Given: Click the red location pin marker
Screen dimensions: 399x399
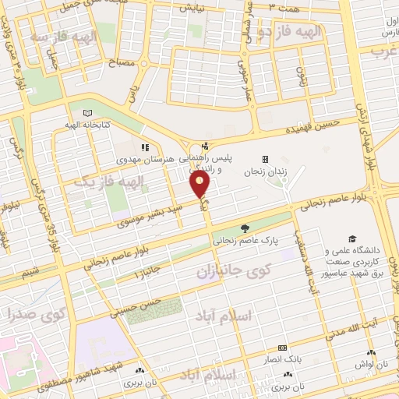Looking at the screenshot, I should [x=200, y=185].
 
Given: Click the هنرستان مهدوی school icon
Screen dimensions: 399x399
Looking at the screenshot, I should [x=144, y=147].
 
